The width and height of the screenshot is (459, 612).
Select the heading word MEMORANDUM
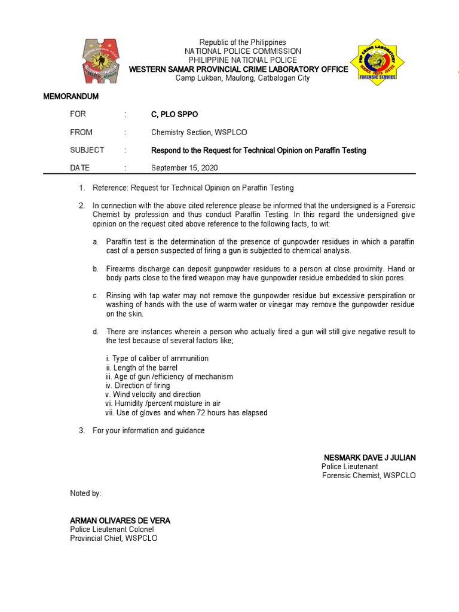[x=71, y=96]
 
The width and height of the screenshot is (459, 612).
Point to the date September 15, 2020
[x=182, y=168]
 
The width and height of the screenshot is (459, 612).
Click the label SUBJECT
[x=87, y=150]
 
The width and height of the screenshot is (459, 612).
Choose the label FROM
[x=81, y=132]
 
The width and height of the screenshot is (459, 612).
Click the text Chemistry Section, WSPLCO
[x=199, y=132]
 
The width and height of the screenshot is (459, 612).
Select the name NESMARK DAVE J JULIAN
[x=369, y=457]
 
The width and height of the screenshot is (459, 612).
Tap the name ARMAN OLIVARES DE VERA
[x=120, y=521]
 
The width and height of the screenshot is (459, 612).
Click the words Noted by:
[x=85, y=493]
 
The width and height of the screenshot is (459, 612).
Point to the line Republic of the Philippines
[x=242, y=42]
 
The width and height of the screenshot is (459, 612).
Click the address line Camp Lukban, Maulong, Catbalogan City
[x=242, y=78]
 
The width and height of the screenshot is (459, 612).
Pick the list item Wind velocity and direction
[x=152, y=394]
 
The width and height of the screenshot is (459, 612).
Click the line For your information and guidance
[x=148, y=430]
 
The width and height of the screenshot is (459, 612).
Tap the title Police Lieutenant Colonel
[x=112, y=529]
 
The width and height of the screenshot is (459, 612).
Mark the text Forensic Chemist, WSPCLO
[x=368, y=475]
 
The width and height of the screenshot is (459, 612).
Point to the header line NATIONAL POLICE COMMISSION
[x=242, y=51]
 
